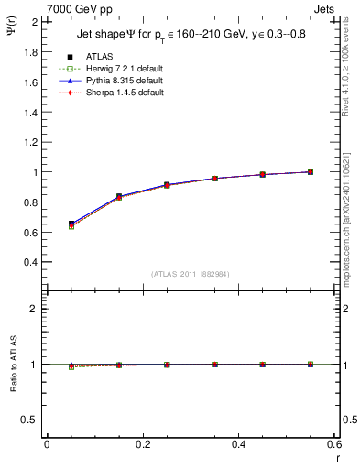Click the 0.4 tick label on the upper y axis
(x=32, y=261)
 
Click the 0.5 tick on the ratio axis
(x=32, y=420)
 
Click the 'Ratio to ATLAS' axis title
(x=12, y=365)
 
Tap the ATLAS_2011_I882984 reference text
(x=190, y=273)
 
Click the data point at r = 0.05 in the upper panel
(x=71, y=224)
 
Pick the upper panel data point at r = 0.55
(x=311, y=171)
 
